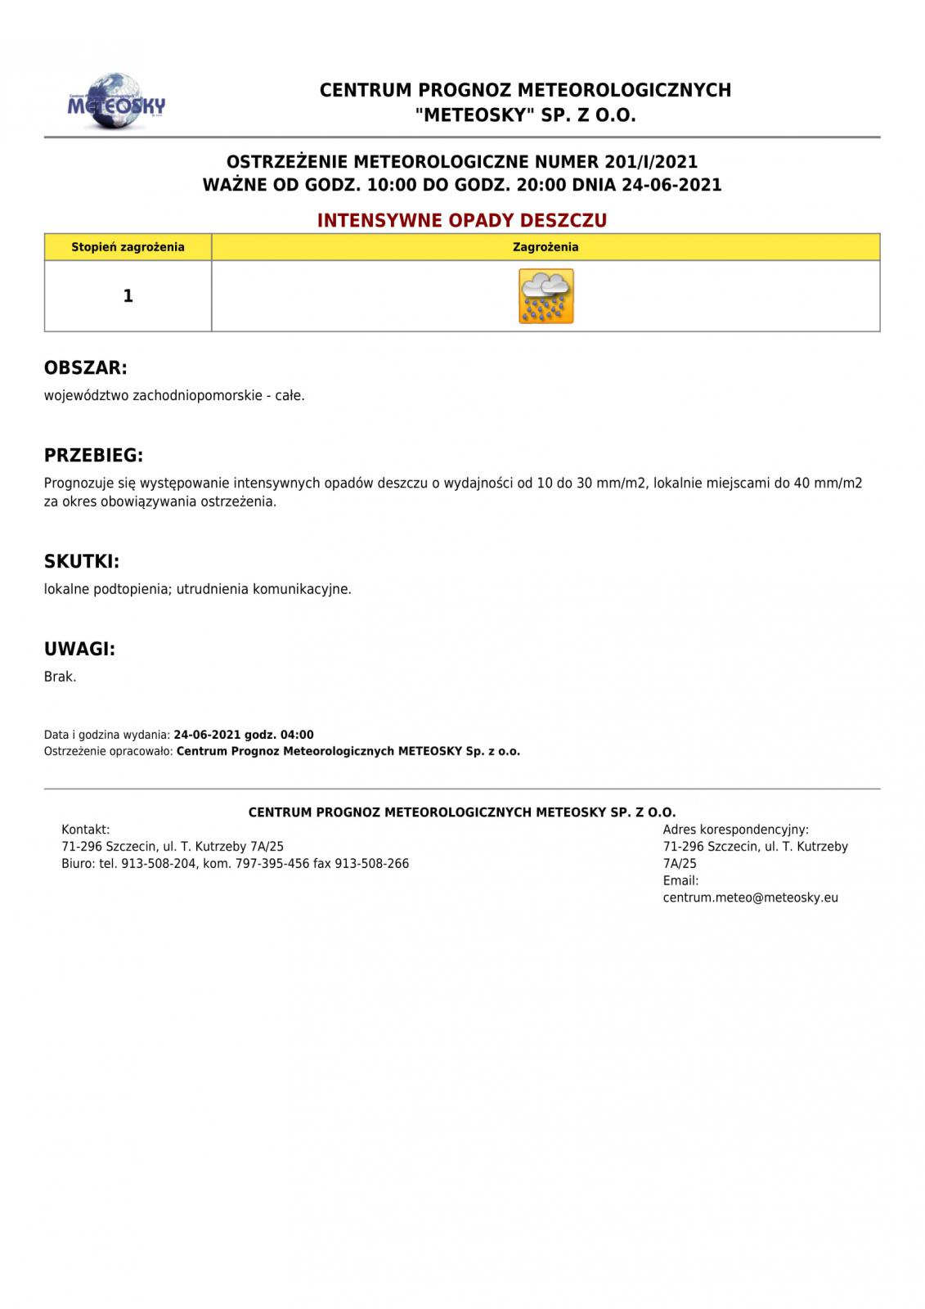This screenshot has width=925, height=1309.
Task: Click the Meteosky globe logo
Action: (x=116, y=101)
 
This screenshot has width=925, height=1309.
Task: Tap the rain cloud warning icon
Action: (x=546, y=296)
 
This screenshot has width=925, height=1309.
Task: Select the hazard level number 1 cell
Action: (x=128, y=296)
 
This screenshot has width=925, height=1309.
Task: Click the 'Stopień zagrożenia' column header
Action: (x=128, y=247)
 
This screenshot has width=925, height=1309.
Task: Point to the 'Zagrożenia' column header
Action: (x=546, y=247)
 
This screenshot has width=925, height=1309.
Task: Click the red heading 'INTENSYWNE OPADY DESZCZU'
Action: (x=462, y=221)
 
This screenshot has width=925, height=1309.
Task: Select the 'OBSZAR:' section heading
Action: (x=86, y=368)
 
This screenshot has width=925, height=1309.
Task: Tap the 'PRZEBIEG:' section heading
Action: (x=93, y=456)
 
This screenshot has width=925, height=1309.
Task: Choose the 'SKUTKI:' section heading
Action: (x=82, y=562)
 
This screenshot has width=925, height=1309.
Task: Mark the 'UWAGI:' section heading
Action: (x=79, y=650)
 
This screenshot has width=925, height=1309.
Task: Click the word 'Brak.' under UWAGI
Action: (x=60, y=677)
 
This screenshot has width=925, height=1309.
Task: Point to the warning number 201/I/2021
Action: (x=651, y=162)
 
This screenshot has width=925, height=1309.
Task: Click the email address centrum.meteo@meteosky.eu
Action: (x=750, y=897)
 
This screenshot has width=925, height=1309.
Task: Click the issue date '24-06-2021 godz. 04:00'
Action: (x=244, y=735)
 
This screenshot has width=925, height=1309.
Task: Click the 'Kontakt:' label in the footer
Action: (x=86, y=830)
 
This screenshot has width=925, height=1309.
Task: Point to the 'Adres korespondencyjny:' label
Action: (x=735, y=830)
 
